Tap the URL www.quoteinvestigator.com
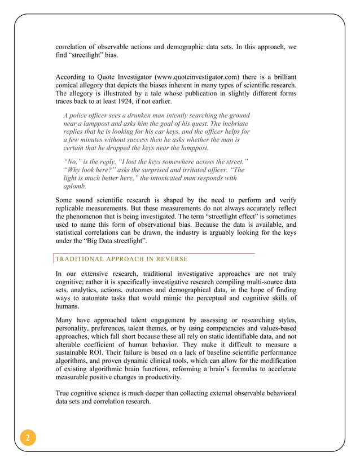point(183,76)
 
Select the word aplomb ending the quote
point(74,186)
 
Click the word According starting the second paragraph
point(74,76)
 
